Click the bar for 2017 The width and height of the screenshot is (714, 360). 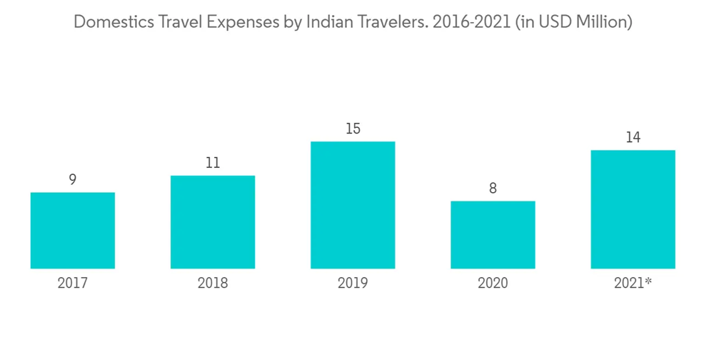pos(73,230)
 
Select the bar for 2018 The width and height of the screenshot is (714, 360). pos(213,221)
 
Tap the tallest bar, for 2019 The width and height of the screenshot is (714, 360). pos(353,205)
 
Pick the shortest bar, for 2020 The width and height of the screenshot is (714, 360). pos(493,234)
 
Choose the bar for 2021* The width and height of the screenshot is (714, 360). pos(633,209)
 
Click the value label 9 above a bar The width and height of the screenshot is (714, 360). pos(73,180)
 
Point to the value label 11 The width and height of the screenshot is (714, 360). pos(213,163)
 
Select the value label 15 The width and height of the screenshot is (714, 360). pos(353,129)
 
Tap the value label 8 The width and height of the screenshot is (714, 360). pos(493,189)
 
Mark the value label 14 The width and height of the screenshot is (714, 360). pos(633,138)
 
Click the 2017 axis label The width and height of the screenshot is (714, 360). pos(73,284)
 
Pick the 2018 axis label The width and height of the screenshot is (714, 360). pos(213,284)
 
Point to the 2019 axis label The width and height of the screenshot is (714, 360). pos(353,284)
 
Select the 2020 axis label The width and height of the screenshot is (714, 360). pos(493,284)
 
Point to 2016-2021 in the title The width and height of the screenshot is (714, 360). pos(470,22)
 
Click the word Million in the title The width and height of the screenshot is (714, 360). pos(603,22)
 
